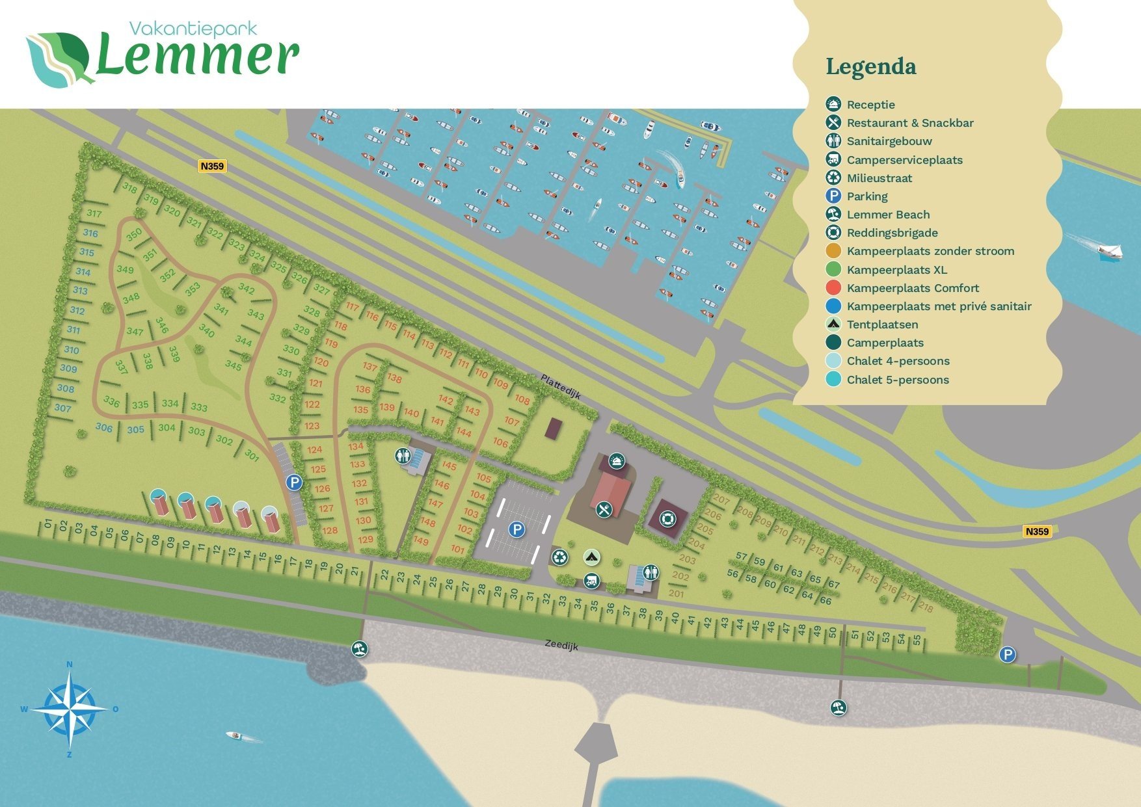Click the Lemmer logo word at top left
pos(197,57)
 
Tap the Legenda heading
pos(870,66)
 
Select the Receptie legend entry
pos(870,105)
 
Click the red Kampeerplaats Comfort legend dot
pos(833,288)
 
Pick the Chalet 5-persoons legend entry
pos(897,380)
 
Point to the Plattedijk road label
pos(560,386)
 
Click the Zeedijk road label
pos(561,644)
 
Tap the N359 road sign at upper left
pos(212,166)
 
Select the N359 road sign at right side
pos(1037,531)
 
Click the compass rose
pos(70,709)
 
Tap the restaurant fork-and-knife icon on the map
pos(604,509)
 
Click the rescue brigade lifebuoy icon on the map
pos(667,519)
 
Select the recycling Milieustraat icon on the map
pos(559,557)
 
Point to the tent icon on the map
pos(591,557)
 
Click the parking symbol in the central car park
pos(517,529)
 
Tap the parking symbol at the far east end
pos(1007,654)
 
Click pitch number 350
pos(134,235)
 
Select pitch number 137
pos(370,367)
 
